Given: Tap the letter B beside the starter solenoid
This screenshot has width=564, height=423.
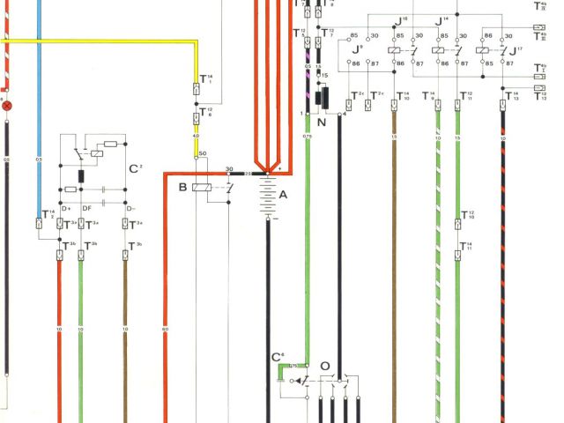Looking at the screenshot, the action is tap(182, 188).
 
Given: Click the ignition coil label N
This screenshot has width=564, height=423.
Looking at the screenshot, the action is tap(321, 122).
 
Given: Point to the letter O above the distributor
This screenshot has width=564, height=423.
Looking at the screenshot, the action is tap(325, 365).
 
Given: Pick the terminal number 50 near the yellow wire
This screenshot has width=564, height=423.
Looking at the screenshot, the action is tap(203, 155).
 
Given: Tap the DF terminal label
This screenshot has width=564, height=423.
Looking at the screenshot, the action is tap(86, 208).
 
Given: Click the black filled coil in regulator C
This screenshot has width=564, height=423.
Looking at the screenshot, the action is tap(81, 174).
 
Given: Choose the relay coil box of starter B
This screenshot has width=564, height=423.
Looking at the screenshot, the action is tap(201, 187).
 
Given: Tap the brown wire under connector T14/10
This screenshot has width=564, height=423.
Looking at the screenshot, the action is tap(394, 220).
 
